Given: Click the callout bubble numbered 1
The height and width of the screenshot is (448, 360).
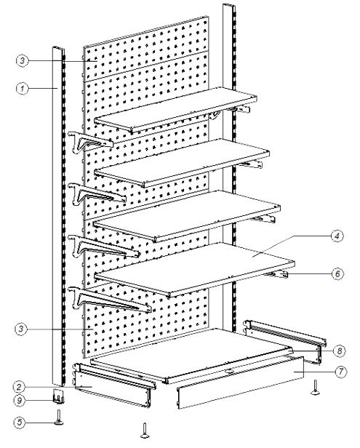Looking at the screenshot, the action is coord(23,88).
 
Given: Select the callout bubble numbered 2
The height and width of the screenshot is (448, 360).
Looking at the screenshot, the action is coord(19,387).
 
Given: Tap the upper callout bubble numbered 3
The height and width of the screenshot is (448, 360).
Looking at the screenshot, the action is coord(23,60).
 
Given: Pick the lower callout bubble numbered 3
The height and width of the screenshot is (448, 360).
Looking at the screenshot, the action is coord(21,329).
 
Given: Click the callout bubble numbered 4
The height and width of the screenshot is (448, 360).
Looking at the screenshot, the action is coord(337,236).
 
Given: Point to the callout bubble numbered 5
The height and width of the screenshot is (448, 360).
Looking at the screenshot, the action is coord(19,423).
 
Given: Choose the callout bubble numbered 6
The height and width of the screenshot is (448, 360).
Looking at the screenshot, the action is coord(337,273).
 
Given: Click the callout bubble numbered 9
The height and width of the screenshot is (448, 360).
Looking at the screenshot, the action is coord(20,400).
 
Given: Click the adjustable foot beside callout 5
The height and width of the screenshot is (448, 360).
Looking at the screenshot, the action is coord(59,417).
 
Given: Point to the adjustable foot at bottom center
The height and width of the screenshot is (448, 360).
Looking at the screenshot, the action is coord(145,431).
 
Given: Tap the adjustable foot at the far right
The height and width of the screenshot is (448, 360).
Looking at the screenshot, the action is coord(315,388).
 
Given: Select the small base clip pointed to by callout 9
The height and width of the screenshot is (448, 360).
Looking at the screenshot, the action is coord(58,396).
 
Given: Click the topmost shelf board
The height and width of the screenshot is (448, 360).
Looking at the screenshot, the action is coord(176,110).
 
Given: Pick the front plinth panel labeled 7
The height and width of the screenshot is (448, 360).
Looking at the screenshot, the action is coord(240,383).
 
